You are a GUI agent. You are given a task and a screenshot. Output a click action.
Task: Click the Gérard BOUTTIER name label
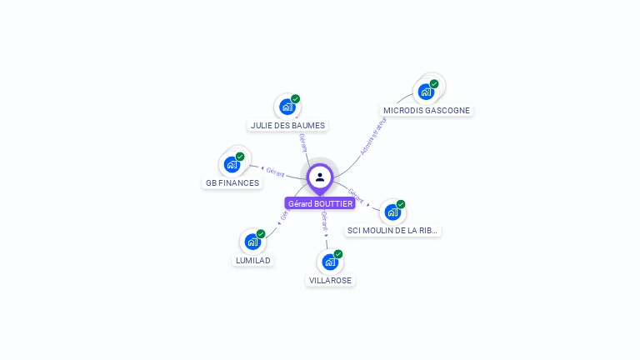click(x=320, y=203)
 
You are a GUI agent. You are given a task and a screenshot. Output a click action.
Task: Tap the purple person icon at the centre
click(x=320, y=177)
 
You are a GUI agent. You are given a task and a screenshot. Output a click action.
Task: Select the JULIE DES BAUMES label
click(x=287, y=125)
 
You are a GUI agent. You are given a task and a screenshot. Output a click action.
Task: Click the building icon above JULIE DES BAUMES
click(x=287, y=107)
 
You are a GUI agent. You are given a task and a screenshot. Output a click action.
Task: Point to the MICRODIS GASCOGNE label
click(x=426, y=110)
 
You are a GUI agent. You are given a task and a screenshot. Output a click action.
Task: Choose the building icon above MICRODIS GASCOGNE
click(x=426, y=92)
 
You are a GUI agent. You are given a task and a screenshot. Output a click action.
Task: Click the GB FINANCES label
click(x=232, y=182)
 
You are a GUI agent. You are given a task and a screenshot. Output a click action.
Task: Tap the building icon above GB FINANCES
click(x=232, y=164)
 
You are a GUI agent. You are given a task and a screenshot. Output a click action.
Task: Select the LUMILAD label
click(x=252, y=260)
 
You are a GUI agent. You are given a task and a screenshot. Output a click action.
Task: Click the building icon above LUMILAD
click(x=252, y=242)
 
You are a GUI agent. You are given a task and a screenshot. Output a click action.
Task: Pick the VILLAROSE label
click(x=330, y=280)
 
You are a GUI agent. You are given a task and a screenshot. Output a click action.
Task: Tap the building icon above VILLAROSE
click(x=330, y=262)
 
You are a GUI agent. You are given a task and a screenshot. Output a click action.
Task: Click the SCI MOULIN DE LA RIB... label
click(x=392, y=230)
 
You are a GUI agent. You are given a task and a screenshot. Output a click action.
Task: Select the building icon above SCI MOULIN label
click(x=392, y=212)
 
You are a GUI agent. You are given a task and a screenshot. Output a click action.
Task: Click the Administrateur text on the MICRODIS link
click(x=374, y=135)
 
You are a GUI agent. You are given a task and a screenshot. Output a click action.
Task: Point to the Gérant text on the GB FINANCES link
click(x=275, y=172)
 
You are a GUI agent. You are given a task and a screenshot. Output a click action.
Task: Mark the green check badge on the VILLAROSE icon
click(x=338, y=254)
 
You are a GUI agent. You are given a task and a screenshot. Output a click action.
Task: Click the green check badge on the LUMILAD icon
click(x=261, y=234)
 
